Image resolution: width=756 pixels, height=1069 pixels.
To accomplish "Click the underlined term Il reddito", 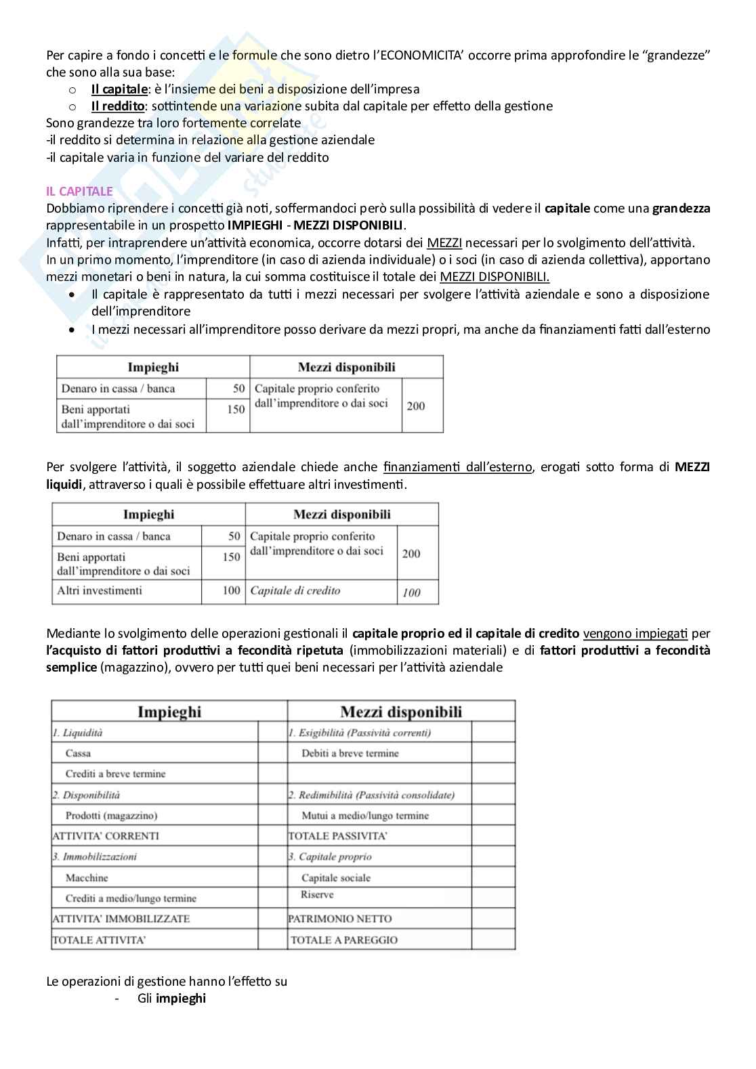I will (x=117, y=106).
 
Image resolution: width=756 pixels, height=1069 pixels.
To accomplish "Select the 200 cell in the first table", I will (x=416, y=406).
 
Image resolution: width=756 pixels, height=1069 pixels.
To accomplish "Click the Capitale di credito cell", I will (x=295, y=591).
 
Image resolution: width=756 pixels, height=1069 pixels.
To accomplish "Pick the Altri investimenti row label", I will (x=100, y=591).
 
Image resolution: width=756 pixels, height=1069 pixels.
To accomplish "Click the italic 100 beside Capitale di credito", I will (x=411, y=592).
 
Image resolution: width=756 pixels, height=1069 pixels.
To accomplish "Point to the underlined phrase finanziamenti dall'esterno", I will (x=457, y=467).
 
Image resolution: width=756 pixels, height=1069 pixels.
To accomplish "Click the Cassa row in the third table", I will (x=78, y=754).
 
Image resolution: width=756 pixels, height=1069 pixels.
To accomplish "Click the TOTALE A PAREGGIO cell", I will (x=343, y=940).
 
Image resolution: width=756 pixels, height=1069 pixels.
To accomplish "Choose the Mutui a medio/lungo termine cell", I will (x=365, y=816).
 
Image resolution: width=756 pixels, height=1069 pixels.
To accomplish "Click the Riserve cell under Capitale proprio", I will (x=317, y=895).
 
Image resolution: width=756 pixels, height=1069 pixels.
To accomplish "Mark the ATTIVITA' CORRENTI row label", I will (x=106, y=836).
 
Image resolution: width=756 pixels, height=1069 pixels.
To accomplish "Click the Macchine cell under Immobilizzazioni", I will (x=87, y=878).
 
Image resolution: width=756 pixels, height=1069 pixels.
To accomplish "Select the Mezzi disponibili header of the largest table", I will (x=401, y=712).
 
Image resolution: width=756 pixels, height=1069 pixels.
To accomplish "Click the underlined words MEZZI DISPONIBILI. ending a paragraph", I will (x=495, y=277).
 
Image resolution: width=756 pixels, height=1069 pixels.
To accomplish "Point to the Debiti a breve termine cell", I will (x=350, y=754).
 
